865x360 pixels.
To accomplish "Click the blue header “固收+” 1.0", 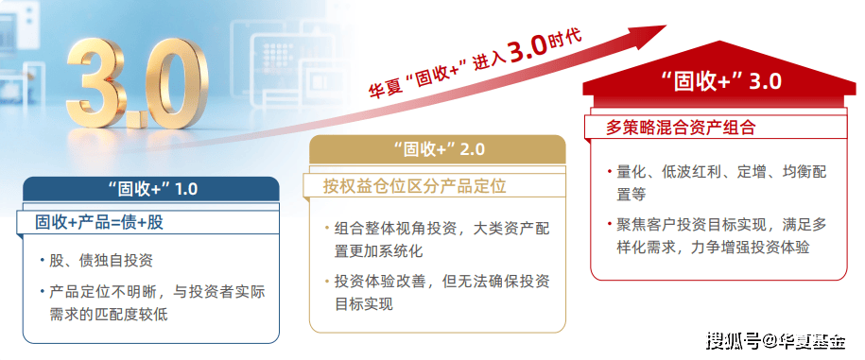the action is tap(151, 189).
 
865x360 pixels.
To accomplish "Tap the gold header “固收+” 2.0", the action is tap(438, 149).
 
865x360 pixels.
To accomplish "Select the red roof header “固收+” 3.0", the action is tap(721, 81).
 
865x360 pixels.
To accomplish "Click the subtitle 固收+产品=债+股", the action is tap(99, 222).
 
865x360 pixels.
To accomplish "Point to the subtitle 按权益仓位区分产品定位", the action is tap(414, 186).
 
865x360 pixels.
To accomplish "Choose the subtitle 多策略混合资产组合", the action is tap(681, 128).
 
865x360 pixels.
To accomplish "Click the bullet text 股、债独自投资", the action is tap(101, 260).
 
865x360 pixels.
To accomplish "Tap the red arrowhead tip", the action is tap(667, 26).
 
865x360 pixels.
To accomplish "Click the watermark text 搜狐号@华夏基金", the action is tap(775, 341).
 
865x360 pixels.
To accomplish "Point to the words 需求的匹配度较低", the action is tap(109, 315).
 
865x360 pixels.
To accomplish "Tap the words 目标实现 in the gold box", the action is tap(364, 303).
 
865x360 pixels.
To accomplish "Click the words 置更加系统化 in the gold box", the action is tap(378, 250).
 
